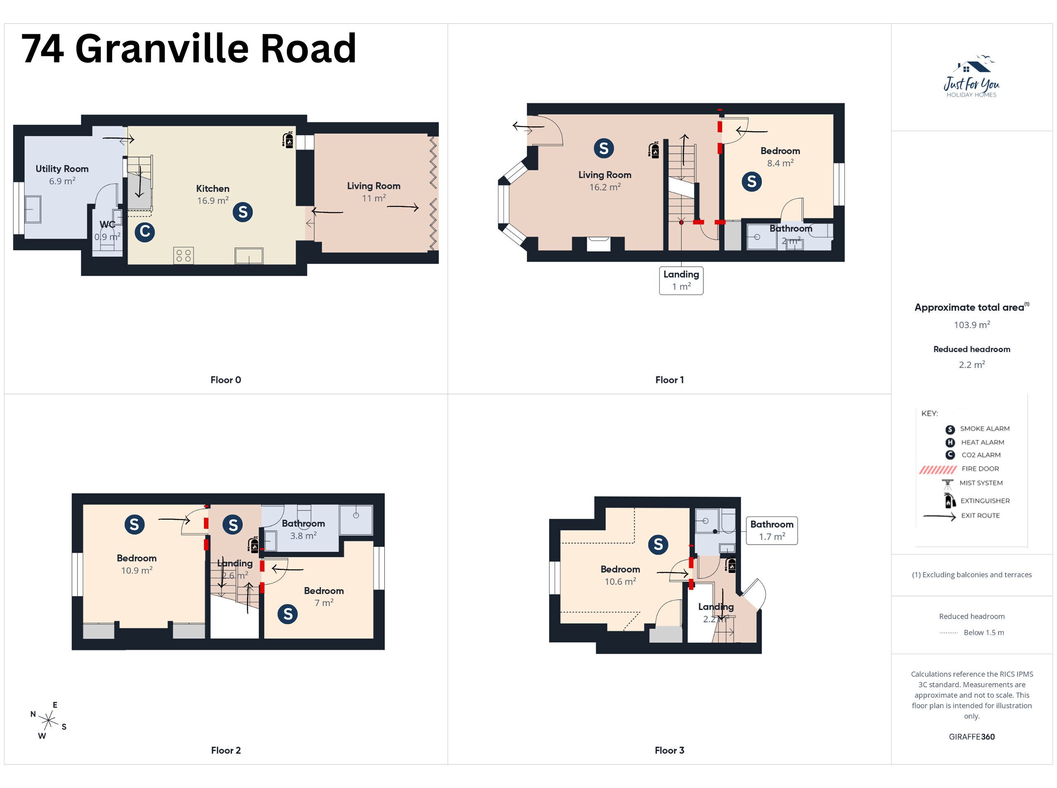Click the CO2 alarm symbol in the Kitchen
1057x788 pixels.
pos(145,232)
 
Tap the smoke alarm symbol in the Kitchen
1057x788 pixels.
pos(243,212)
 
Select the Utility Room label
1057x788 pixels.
pos(62,169)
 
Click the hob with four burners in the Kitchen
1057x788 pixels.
pos(184,256)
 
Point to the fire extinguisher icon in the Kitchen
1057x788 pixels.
pos(288,140)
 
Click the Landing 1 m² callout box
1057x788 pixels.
pos(681,280)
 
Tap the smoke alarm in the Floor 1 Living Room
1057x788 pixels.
pos(604,148)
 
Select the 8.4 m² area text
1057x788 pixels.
pos(780,163)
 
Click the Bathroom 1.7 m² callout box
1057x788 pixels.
pos(772,530)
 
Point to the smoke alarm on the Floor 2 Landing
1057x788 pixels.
pos(233,525)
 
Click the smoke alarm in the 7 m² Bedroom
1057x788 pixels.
pos(288,614)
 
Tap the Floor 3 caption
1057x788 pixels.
pos(669,750)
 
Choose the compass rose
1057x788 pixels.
pos(49,720)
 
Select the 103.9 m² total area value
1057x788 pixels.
pos(972,325)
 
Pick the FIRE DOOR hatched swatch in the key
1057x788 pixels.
pos(938,469)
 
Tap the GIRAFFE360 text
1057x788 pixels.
pos(972,736)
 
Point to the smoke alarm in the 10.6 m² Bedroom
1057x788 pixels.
pos(658,544)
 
